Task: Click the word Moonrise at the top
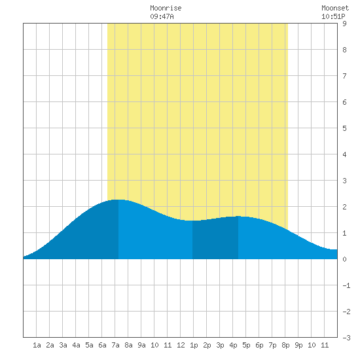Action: (166, 8)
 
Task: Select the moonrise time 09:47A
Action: (162, 16)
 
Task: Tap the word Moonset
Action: (335, 8)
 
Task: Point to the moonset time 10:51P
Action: (333, 16)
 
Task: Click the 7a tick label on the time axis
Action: (115, 345)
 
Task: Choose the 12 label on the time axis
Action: (181, 345)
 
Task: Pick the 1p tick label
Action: (194, 345)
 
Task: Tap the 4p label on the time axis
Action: (233, 345)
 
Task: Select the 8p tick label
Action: (285, 345)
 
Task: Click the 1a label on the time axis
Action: (37, 345)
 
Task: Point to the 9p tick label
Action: (298, 345)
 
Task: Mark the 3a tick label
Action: (63, 345)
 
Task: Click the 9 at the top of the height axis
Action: (344, 24)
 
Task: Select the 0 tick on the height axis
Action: (344, 259)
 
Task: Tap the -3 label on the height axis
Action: (346, 338)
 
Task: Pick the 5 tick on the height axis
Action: (344, 128)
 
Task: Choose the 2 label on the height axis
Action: (344, 207)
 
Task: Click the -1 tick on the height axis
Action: (346, 285)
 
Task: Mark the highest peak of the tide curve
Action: (118, 200)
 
